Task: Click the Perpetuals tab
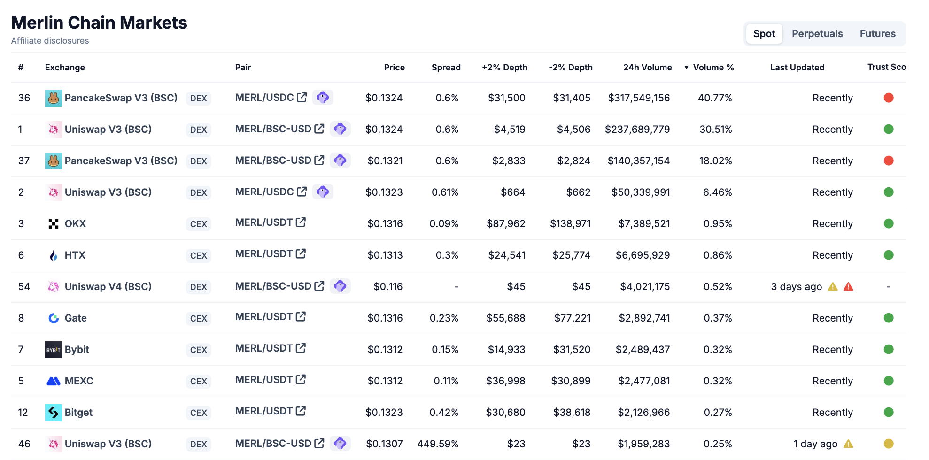(x=817, y=34)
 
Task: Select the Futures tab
(x=877, y=34)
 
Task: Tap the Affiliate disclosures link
(x=50, y=41)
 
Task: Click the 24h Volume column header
(x=647, y=68)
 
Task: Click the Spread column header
(x=446, y=68)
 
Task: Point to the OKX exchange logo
(x=54, y=224)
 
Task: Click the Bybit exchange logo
(x=54, y=350)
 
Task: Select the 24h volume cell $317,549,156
(x=638, y=98)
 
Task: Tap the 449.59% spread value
(x=437, y=444)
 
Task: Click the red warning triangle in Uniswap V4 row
(x=848, y=287)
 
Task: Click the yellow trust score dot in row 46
(x=888, y=444)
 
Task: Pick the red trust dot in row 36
(x=888, y=98)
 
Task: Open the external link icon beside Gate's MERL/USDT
(x=301, y=317)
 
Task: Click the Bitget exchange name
(x=78, y=413)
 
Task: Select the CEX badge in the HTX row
(x=198, y=256)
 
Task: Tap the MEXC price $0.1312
(x=385, y=381)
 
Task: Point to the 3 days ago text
(x=796, y=287)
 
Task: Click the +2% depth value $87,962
(x=505, y=224)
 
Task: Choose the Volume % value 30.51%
(x=715, y=130)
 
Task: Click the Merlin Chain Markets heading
(x=99, y=23)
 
